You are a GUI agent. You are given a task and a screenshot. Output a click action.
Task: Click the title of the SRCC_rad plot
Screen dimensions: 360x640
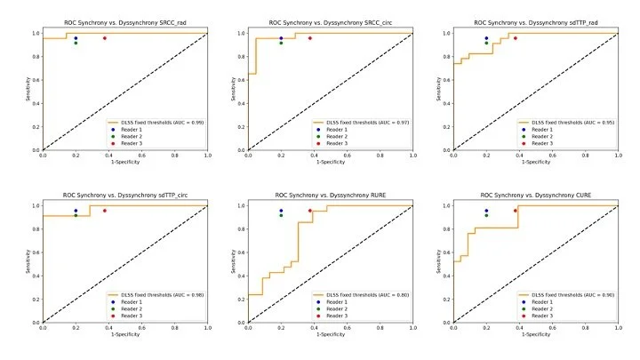pyautogui.click(x=124, y=22)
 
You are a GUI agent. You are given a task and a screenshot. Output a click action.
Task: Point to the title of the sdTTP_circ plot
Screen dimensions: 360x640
pyautogui.click(x=124, y=195)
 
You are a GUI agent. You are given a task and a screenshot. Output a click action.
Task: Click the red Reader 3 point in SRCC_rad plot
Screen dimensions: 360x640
pyautogui.click(x=104, y=38)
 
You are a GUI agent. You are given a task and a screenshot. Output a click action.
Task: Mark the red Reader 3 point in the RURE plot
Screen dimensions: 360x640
pyautogui.click(x=309, y=211)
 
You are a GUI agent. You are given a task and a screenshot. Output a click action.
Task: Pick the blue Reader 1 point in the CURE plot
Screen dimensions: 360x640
pyautogui.click(x=486, y=211)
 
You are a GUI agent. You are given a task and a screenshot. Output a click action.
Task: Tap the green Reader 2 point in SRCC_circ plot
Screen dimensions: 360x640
pyautogui.click(x=281, y=43)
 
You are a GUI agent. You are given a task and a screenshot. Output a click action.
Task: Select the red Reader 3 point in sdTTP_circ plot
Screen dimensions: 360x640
pyautogui.click(x=104, y=211)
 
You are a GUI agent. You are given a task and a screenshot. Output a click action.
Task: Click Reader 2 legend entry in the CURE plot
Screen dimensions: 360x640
pyautogui.click(x=543, y=308)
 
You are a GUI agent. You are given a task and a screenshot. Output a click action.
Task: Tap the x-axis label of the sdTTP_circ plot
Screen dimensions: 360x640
pyautogui.click(x=124, y=335)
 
